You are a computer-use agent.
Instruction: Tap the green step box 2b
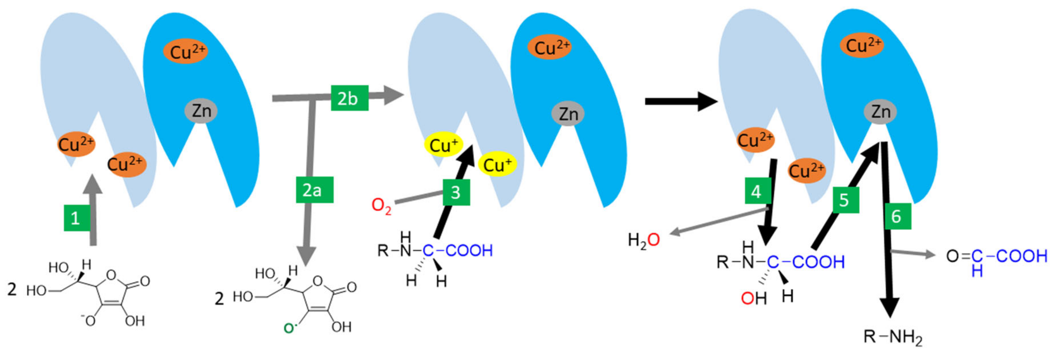[x=349, y=98]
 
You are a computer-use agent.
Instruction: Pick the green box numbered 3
[x=456, y=192]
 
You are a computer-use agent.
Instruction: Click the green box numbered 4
[x=756, y=191]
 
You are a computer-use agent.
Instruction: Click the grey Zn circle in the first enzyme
[x=201, y=111]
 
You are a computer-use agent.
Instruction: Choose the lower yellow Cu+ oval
[x=497, y=164]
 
